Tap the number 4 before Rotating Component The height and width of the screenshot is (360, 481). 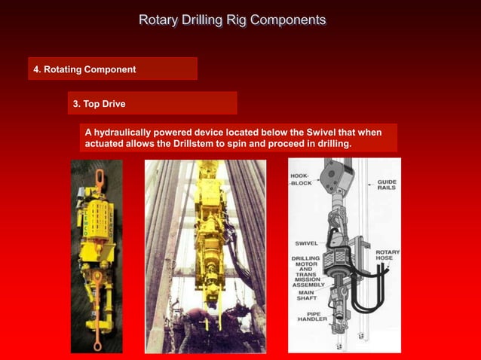[36, 69]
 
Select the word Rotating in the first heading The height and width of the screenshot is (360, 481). [65, 69]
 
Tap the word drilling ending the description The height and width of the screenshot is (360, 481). [333, 144]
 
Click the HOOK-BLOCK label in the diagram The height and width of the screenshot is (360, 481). [302, 179]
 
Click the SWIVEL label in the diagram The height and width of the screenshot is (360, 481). [306, 243]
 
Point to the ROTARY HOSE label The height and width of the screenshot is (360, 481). [388, 256]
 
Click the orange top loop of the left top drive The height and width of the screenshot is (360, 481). [99, 176]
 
